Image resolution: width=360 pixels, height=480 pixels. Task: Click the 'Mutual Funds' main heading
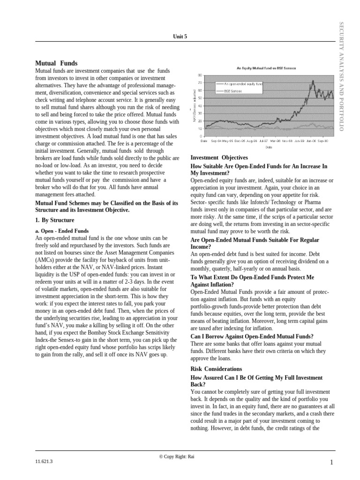[57, 63]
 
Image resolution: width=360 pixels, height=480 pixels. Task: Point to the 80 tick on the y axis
[200, 75]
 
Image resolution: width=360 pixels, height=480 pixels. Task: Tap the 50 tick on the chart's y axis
[200, 98]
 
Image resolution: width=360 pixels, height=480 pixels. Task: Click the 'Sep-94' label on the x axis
[216, 140]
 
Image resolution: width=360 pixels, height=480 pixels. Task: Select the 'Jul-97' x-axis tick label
[263, 140]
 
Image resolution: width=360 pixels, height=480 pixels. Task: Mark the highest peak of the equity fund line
[312, 81]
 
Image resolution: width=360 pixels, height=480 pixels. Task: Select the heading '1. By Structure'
[55, 220]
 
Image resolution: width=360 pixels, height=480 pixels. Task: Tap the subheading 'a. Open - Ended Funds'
[62, 231]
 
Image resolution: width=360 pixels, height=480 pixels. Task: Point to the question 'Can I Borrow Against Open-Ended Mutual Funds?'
[252, 336]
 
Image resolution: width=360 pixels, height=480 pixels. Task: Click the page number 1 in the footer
[331, 463]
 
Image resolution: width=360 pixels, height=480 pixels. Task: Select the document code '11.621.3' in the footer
[44, 461]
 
